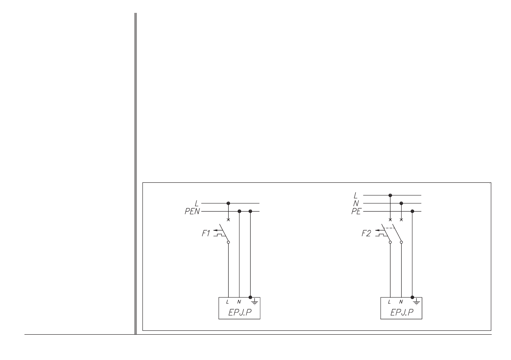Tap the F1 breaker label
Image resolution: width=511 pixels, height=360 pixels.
point(206,235)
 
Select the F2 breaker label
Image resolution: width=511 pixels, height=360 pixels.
point(368,235)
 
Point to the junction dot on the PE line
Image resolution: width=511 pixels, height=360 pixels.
point(412,212)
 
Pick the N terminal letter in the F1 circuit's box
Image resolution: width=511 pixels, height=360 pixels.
point(239,302)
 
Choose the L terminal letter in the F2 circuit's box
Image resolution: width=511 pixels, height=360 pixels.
point(390,302)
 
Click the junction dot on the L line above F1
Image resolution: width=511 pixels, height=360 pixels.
point(228,203)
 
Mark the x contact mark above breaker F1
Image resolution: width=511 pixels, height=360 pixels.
point(228,220)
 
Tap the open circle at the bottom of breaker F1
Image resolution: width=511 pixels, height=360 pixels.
point(228,242)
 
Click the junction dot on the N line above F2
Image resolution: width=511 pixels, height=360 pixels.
point(401,203)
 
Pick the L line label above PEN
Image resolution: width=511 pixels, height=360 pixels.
point(197,203)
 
